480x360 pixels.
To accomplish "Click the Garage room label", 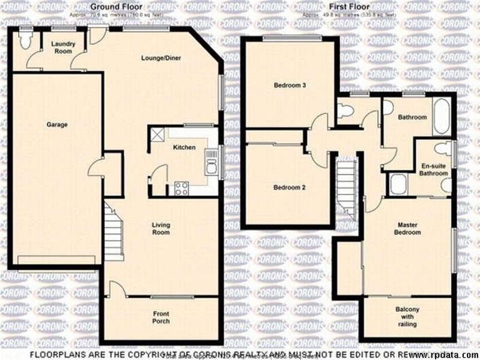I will point(57,125).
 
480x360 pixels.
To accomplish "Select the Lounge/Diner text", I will point(161,58).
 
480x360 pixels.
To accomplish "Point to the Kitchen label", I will point(184,147).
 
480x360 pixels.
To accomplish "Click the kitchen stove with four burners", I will point(181,188).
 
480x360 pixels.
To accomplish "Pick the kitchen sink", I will point(211,162).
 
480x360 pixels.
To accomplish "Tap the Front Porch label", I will point(161,318).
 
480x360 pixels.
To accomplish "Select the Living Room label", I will point(161,229).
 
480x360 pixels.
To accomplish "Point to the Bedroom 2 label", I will point(290,188).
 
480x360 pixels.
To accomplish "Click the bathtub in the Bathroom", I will point(441,117).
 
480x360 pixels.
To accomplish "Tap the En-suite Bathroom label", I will point(434,170).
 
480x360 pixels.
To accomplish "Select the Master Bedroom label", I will point(408,229).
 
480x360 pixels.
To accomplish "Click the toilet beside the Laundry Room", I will point(25,40).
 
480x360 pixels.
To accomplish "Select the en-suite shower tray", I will point(398,185).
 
